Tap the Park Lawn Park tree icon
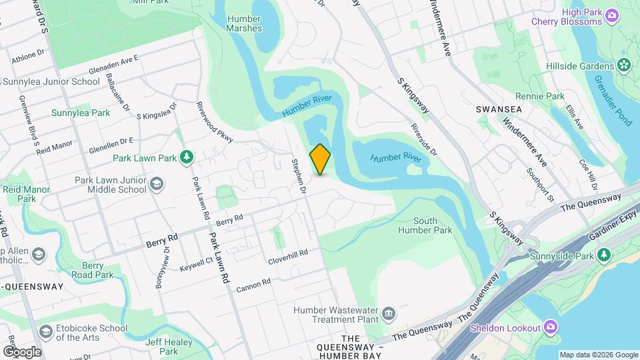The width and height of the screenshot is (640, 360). tap(189, 157)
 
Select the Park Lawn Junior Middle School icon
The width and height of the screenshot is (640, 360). tap(157, 184)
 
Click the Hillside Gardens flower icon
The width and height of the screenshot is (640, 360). tap(624, 65)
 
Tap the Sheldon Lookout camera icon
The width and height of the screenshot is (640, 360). tap(551, 327)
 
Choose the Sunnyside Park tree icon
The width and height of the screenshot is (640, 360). tap(604, 255)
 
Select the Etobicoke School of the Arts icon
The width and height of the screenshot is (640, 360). tap(45, 331)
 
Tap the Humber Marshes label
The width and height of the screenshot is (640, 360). tap(243, 24)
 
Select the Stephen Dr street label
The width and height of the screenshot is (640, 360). tap(298, 176)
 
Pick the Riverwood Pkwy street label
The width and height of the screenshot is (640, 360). tap(214, 122)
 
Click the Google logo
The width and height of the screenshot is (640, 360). tap(21, 351)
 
